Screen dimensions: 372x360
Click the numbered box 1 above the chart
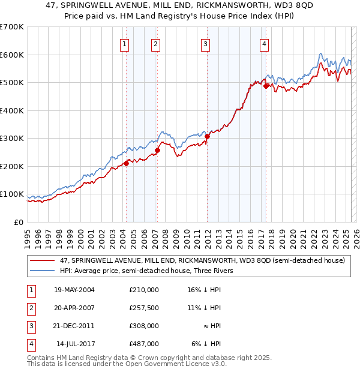click(x=124, y=43)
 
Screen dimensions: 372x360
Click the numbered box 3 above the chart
click(x=205, y=43)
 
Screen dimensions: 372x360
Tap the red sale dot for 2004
click(x=126, y=163)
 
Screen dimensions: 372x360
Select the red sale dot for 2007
click(x=157, y=150)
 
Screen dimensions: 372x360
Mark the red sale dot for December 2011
click(x=207, y=136)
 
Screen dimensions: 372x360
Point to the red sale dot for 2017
click(x=266, y=86)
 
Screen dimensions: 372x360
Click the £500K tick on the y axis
click(x=11, y=82)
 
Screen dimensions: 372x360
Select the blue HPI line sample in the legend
click(x=43, y=271)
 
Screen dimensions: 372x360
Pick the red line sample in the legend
click(x=43, y=260)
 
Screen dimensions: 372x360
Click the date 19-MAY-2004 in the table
click(x=74, y=290)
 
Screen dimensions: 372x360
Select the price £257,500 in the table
click(x=143, y=308)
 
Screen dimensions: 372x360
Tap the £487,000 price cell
click(x=143, y=344)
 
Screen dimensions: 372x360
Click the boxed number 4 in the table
click(x=30, y=344)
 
